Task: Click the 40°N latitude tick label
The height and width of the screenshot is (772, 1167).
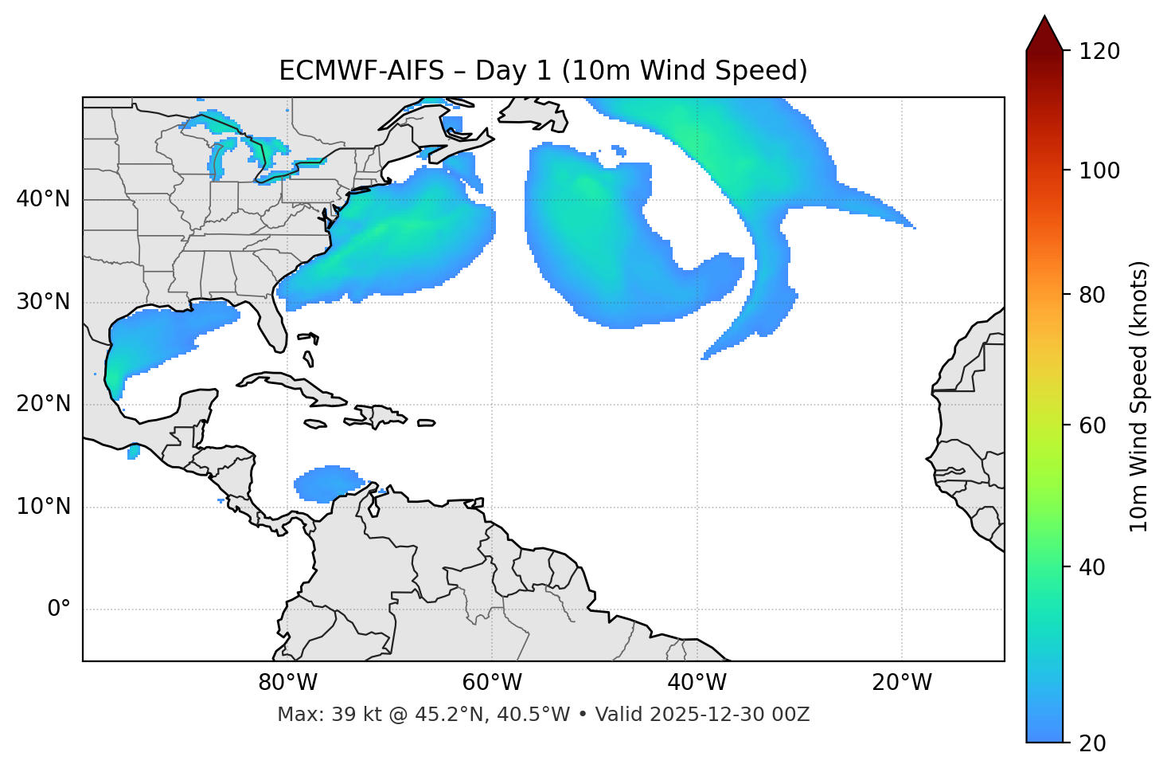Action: click(43, 199)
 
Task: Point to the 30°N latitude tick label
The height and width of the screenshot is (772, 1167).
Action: click(43, 302)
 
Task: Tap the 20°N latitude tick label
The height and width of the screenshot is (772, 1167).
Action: click(43, 404)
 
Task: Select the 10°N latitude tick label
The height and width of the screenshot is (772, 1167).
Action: click(43, 507)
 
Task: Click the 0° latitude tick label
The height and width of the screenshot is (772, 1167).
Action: click(59, 609)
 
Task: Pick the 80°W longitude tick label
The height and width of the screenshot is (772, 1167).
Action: click(287, 683)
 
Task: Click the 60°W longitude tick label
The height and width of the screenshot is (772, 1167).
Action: click(492, 683)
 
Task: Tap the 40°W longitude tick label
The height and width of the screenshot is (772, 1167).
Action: click(697, 683)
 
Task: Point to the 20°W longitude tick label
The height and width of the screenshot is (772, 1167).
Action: click(902, 683)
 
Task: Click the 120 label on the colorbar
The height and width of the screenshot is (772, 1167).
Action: click(1099, 52)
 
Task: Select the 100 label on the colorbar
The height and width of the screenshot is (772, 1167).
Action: click(1099, 170)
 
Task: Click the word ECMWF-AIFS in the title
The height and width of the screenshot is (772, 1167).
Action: click(361, 71)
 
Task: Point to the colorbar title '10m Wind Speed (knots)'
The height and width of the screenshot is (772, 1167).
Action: click(1139, 396)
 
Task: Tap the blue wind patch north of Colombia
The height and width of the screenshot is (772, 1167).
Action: click(326, 484)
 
